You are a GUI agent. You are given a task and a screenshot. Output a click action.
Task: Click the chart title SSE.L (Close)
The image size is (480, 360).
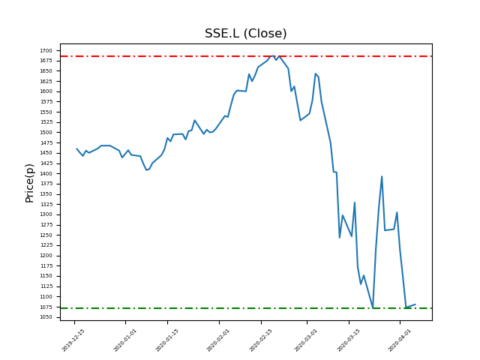(245, 34)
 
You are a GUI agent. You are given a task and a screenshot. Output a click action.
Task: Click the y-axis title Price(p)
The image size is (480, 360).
(30, 182)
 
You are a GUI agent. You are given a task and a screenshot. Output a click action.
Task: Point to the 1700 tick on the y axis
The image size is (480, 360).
(46, 50)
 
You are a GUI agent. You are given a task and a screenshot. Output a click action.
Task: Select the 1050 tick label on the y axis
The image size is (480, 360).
(46, 317)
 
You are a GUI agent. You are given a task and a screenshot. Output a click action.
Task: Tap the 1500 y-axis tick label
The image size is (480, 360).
(46, 133)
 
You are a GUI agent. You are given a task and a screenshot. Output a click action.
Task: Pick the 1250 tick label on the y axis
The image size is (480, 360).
(46, 235)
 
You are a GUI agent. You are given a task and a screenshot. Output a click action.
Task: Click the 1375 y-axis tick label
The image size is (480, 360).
(46, 184)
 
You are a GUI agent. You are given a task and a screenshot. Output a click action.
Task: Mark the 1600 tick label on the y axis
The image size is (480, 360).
(46, 91)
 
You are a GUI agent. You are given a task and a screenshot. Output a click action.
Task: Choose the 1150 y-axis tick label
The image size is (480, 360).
(46, 276)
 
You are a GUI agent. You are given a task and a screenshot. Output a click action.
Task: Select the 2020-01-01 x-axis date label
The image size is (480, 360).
(124, 340)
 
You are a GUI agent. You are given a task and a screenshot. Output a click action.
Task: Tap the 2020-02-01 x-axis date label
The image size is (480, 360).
(218, 340)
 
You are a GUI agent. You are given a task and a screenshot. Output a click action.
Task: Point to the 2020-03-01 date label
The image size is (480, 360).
(306, 340)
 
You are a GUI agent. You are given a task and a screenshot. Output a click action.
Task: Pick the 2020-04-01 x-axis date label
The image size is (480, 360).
(400, 340)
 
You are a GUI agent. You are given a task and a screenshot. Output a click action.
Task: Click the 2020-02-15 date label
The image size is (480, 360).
(261, 340)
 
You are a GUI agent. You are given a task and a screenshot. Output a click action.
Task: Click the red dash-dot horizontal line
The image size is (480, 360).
(187, 56)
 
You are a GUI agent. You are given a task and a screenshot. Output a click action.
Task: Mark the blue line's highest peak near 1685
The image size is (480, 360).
(274, 55)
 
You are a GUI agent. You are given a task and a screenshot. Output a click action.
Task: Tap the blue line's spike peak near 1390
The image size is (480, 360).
(382, 177)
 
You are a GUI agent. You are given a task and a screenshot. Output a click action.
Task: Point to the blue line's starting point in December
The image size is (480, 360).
(76, 148)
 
